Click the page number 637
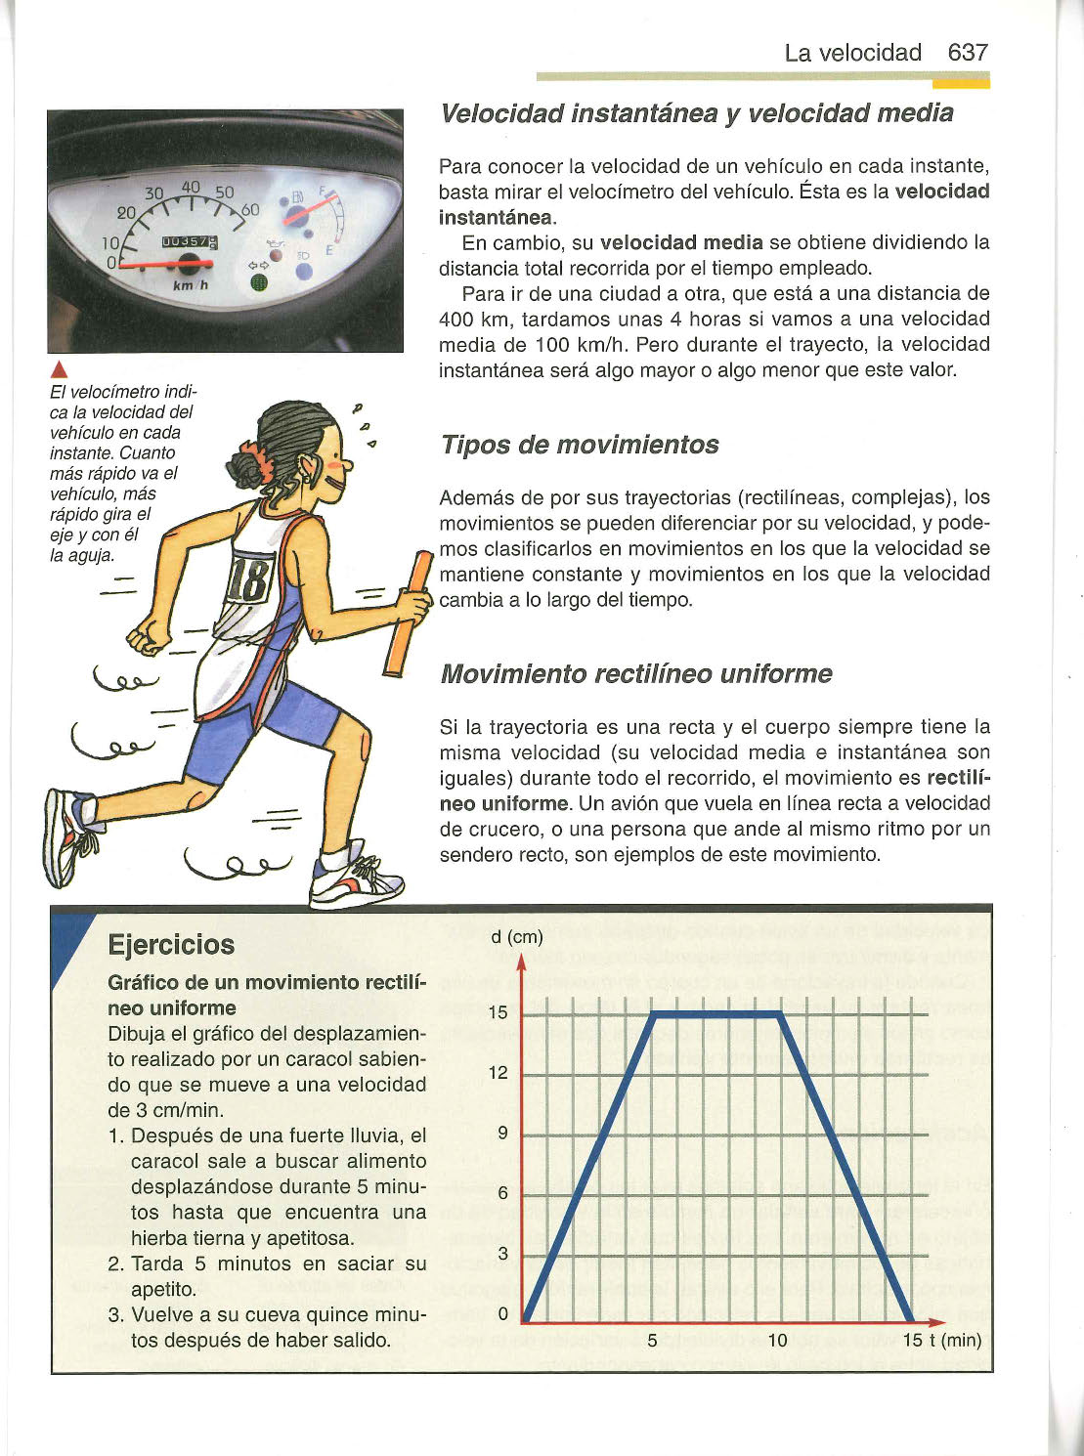pyautogui.click(x=968, y=53)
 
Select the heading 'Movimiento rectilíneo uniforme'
pyautogui.click(x=636, y=674)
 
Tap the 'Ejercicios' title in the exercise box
pyautogui.click(x=171, y=945)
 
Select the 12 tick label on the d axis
pyautogui.click(x=499, y=1073)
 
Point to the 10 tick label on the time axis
pyautogui.click(x=777, y=1340)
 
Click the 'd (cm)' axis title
pyautogui.click(x=516, y=937)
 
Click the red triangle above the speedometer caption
pyautogui.click(x=58, y=369)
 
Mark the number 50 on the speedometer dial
pyautogui.click(x=224, y=193)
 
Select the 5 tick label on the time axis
pyautogui.click(x=652, y=1340)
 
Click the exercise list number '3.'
pyautogui.click(x=116, y=1315)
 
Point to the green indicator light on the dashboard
pyautogui.click(x=258, y=283)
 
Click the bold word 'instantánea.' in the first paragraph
pyautogui.click(x=497, y=217)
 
